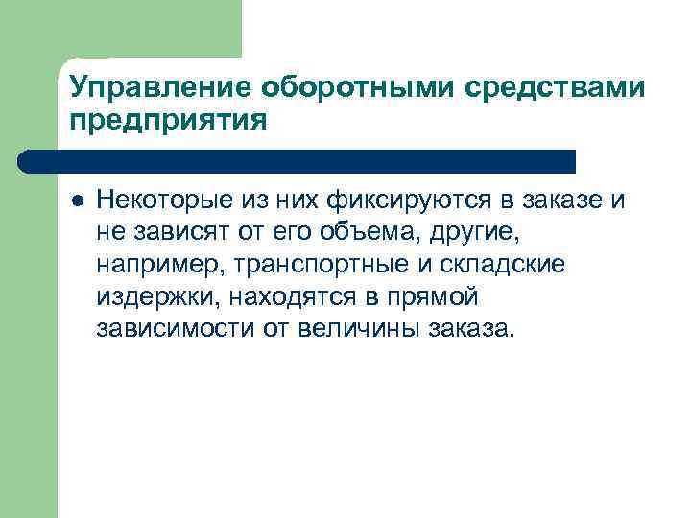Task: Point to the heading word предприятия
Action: [164, 121]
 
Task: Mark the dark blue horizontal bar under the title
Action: [298, 160]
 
